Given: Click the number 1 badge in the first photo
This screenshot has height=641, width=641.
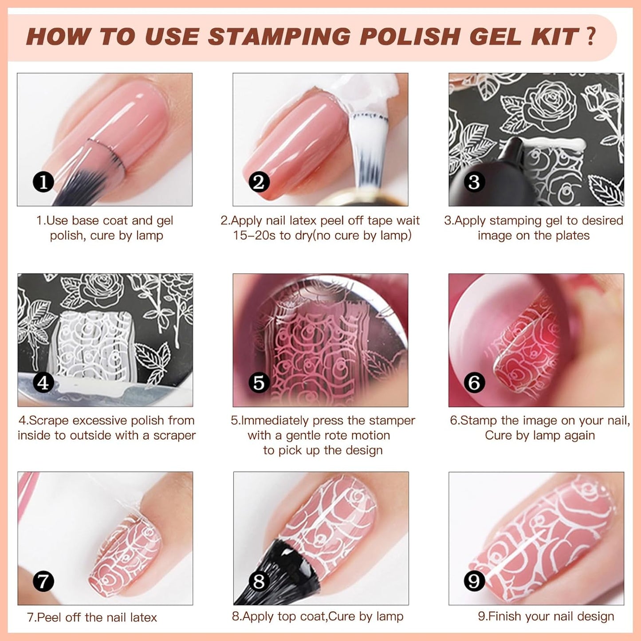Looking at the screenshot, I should pos(43,182).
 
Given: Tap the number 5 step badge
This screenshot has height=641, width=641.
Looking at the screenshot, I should pos(259,383).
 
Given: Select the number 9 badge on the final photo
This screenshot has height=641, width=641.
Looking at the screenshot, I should pos(474,581).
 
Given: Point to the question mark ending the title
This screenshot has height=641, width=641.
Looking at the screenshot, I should pos(590,36).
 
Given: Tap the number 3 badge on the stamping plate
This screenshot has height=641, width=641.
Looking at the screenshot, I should pos(474,182).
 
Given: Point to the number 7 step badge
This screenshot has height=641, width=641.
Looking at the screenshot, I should pos(43,581).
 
